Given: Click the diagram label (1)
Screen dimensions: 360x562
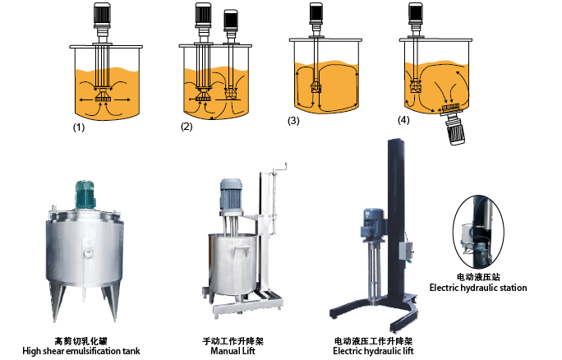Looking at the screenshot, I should pos(80,128).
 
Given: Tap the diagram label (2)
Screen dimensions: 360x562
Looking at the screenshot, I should pos(187,126).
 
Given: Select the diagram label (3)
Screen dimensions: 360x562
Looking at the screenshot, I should pos(294,121).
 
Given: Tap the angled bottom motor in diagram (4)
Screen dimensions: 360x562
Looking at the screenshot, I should pos(455,130).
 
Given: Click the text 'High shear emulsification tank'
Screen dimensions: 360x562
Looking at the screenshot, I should pos(81,351).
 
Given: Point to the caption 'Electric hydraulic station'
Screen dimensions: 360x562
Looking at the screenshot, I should pos(478,288).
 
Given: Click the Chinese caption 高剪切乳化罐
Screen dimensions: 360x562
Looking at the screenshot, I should pos(81,339).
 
